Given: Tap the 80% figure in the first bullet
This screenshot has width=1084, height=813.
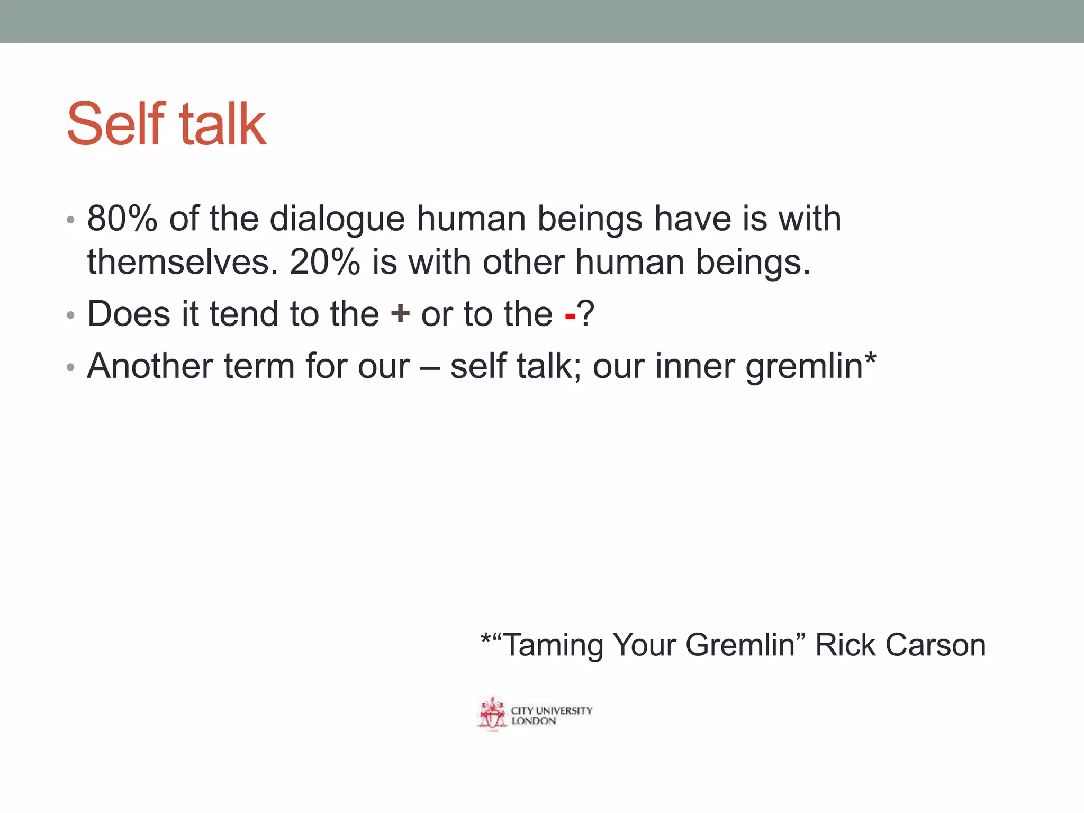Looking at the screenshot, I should [122, 219].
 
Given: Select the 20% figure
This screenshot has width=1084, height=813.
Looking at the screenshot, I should [325, 262].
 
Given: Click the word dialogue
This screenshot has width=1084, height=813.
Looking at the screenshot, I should [337, 220].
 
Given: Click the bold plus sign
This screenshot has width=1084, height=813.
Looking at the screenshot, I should [400, 314].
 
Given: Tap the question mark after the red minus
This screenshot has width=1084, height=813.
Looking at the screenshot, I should [586, 314].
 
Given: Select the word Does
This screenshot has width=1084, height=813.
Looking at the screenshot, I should [129, 314].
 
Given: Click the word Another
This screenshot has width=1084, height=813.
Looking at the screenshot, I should [150, 366].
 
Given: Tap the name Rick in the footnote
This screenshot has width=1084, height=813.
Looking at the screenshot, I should [845, 645].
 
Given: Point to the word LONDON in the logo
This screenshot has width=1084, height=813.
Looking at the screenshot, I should [534, 721].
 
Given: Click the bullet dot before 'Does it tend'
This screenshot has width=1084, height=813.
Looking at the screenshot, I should [70, 316].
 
